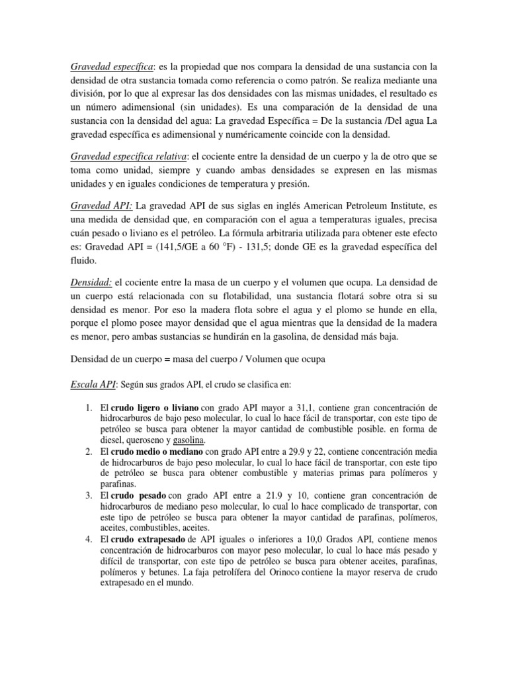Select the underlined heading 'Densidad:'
click(91, 283)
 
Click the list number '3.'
click(91, 495)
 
